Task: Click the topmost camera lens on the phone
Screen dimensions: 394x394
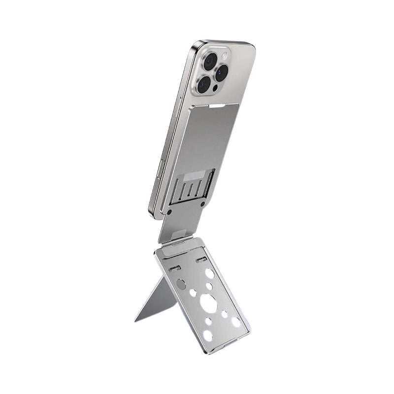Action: tap(210, 61)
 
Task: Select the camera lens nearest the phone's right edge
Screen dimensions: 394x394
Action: tap(221, 73)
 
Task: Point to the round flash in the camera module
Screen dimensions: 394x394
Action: tap(226, 58)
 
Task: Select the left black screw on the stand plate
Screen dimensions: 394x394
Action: tap(169, 211)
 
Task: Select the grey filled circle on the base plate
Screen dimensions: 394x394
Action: tap(181, 284)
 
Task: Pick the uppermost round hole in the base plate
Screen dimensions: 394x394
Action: tap(209, 272)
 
